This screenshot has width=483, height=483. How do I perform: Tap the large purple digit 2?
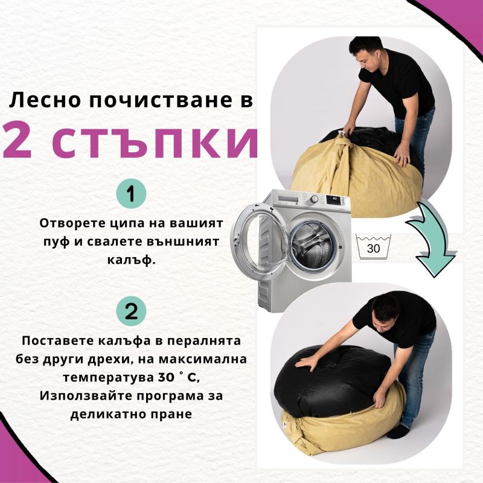point(18,141)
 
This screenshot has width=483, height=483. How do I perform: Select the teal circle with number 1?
point(131,194)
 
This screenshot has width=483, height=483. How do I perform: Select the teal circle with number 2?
point(131,311)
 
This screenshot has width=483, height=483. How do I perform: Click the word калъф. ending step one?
point(131,260)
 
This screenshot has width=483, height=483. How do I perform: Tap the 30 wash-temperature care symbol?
point(373,247)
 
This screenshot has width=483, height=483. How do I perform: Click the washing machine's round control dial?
point(314,199)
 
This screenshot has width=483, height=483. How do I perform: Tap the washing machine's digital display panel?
point(334,200)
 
